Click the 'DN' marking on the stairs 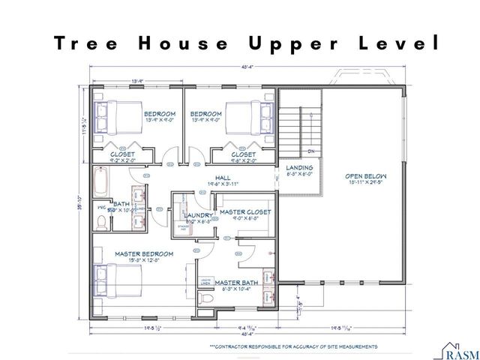pyautogui.click(x=310, y=151)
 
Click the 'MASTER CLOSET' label pyautogui.click(x=244, y=212)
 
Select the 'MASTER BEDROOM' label pyautogui.click(x=144, y=254)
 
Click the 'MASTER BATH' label pyautogui.click(x=236, y=283)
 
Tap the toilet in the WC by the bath pyautogui.click(x=102, y=221)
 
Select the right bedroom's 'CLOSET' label pyautogui.click(x=244, y=154)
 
